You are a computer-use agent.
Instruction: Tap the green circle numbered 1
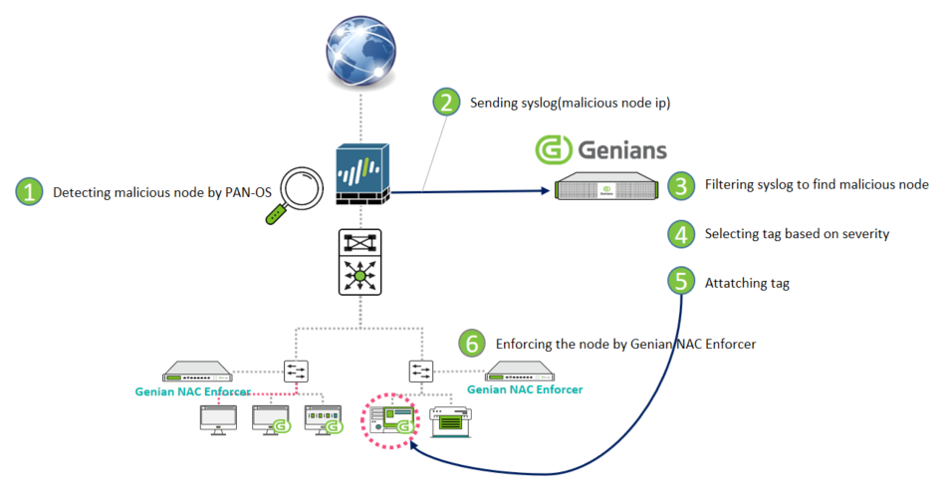click(30, 191)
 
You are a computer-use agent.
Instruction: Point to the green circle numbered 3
click(681, 184)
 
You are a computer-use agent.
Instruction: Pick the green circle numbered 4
click(681, 234)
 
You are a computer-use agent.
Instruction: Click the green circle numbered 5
click(681, 281)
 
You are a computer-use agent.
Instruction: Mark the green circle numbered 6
click(472, 343)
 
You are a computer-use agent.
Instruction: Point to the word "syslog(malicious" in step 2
click(544, 102)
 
